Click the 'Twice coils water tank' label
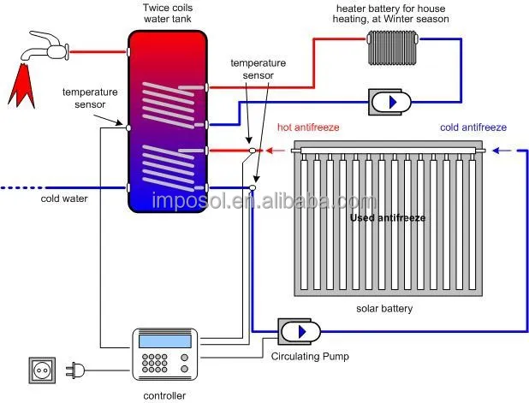(x=168, y=13)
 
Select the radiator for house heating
(x=393, y=47)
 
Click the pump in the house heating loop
(x=389, y=102)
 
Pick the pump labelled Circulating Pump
(x=300, y=331)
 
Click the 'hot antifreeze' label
(x=308, y=127)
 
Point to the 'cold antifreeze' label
(x=473, y=127)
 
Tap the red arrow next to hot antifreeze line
(x=276, y=151)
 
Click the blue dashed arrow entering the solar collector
(x=504, y=151)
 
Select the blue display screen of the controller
(x=165, y=341)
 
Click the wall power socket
(x=42, y=370)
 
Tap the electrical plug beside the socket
(x=74, y=370)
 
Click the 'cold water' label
(x=64, y=199)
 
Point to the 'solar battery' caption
(x=384, y=309)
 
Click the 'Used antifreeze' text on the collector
(x=388, y=218)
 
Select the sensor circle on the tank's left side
(x=128, y=127)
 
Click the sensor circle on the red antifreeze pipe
(x=252, y=151)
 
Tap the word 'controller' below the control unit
(x=164, y=395)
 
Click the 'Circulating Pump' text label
(x=310, y=357)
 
